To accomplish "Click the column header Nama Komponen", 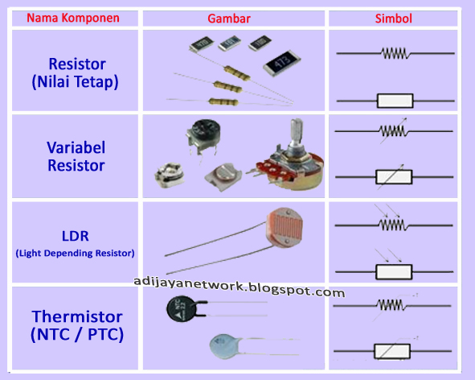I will pyautogui.click(x=73, y=18).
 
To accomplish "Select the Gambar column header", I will pyautogui.click(x=235, y=18).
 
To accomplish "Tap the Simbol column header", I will pyautogui.click(x=393, y=18).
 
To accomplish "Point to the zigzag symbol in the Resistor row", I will pyautogui.click(x=394, y=53).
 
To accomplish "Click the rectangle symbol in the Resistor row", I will pyautogui.click(x=395, y=101).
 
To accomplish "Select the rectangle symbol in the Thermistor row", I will pyautogui.click(x=393, y=351).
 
